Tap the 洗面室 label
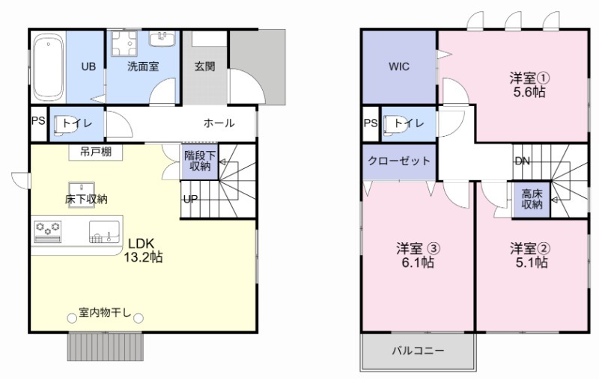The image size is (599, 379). coord(142,67)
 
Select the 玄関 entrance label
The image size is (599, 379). coord(204,67)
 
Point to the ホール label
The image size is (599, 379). coord(219,123)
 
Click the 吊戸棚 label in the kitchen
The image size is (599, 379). coord(96,152)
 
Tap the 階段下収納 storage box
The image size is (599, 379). coord(199,161)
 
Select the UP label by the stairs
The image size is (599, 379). coord(191,199)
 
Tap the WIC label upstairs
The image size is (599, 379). coord(398,67)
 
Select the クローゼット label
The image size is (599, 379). coord(399,161)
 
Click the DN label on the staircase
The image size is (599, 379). coord(523,161)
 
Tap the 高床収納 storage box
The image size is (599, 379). coord(532,199)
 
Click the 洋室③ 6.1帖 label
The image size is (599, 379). coord(417,255)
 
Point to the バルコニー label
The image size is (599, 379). coord(418,350)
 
